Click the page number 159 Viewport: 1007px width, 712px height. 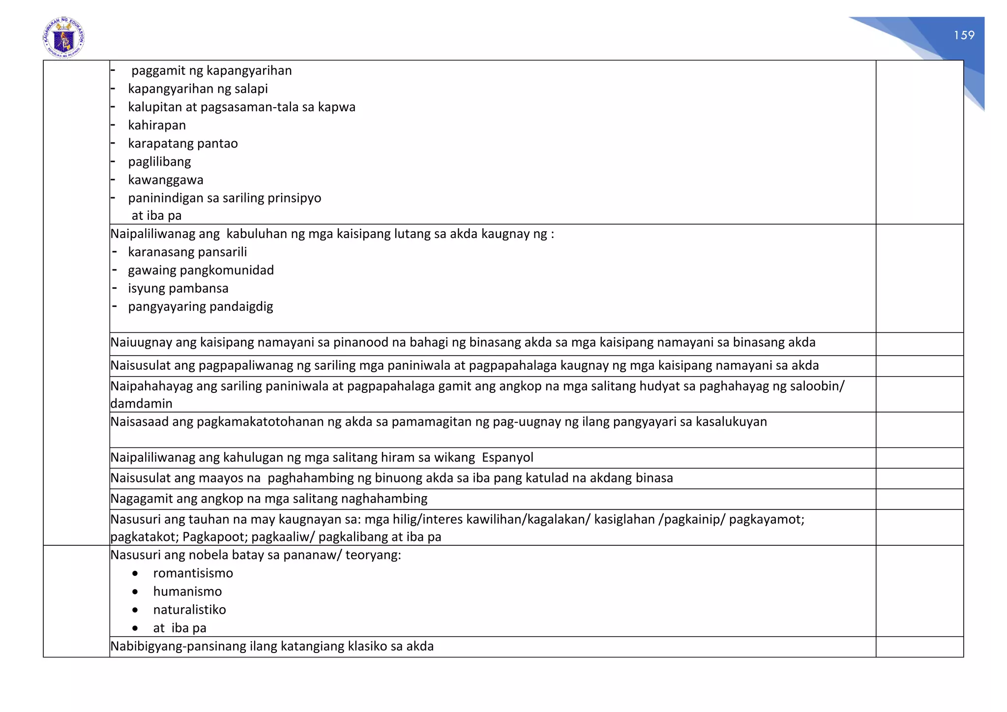964,35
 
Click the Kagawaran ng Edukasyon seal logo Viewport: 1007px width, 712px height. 64,37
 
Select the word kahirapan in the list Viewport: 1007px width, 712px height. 157,125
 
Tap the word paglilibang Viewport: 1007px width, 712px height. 159,162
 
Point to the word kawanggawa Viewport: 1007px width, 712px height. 166,180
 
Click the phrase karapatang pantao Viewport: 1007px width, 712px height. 183,144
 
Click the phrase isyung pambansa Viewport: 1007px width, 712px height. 178,289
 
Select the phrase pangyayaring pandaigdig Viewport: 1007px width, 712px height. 201,307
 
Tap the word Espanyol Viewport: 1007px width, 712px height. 507,458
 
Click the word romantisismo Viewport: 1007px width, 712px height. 193,573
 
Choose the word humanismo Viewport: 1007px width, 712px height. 187,592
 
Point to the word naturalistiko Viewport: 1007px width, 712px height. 189,610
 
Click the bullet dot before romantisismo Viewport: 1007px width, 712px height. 135,574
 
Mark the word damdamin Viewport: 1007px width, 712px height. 141,404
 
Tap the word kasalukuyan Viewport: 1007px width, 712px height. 731,422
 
